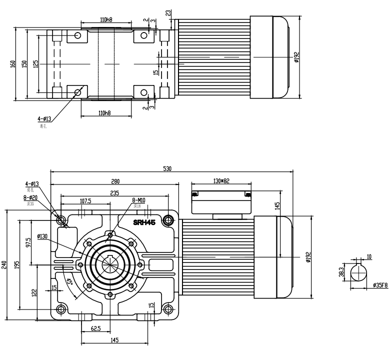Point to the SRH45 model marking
(144, 221)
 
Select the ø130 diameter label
(43, 236)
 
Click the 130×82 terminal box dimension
(220, 180)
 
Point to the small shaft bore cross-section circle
(358, 273)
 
